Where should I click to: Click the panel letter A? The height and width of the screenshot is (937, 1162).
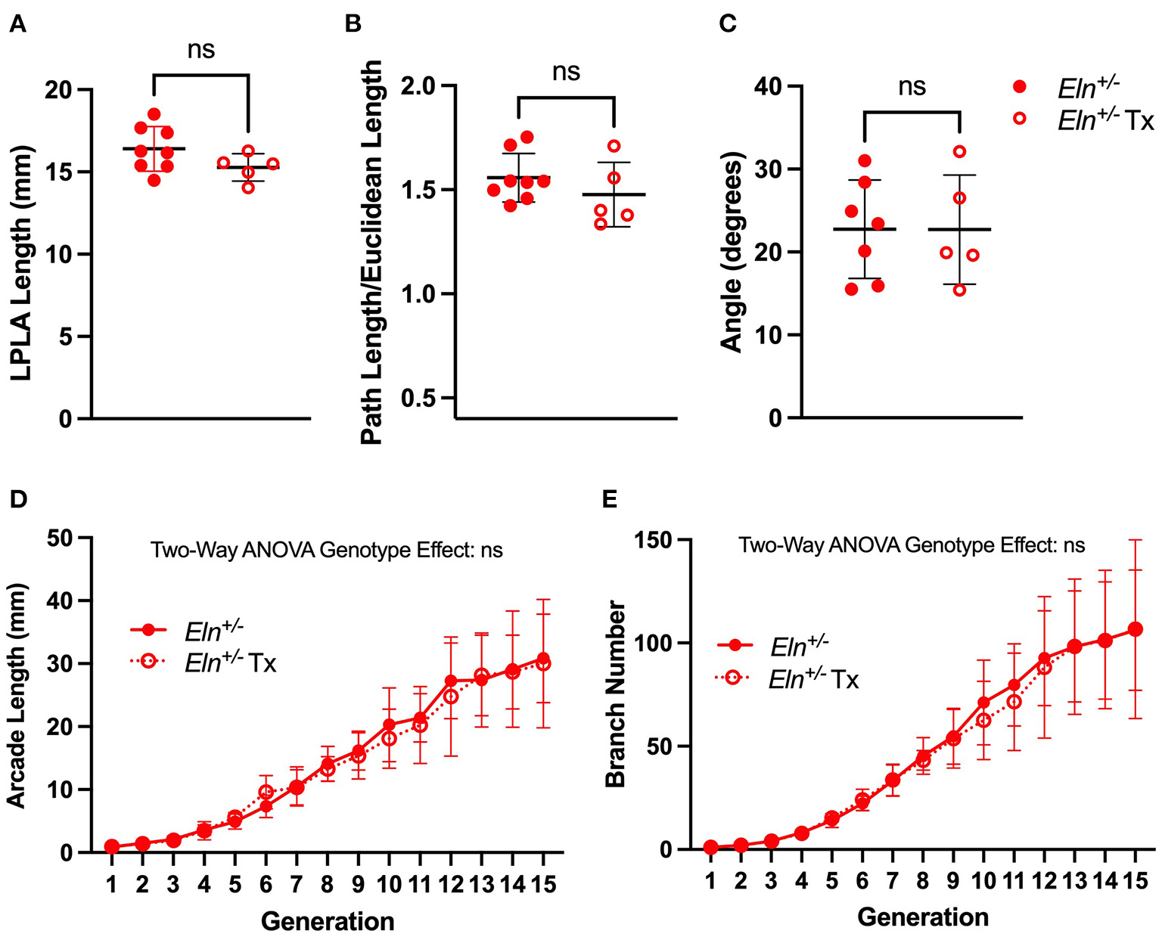tap(17, 25)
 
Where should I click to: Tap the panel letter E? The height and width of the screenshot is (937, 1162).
tap(607, 500)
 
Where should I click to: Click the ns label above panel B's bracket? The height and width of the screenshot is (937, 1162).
tap(566, 72)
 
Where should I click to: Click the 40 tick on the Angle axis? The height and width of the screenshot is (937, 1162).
tap(768, 86)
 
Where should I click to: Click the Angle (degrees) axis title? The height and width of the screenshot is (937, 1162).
tap(732, 252)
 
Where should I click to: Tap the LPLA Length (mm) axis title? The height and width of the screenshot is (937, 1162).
tap(20, 253)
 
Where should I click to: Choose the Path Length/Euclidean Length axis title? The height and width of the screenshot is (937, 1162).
tap(371, 253)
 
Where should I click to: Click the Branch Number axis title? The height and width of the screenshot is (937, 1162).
tap(617, 694)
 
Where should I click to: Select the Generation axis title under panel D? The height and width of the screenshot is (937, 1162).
tap(328, 921)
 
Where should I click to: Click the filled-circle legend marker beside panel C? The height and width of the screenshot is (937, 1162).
tap(1020, 88)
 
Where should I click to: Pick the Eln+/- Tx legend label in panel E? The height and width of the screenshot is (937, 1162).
tap(813, 679)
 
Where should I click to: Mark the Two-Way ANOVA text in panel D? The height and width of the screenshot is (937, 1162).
tap(327, 550)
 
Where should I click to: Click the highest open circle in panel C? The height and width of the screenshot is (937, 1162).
tap(960, 151)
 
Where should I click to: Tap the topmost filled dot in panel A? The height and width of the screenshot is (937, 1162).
tap(154, 113)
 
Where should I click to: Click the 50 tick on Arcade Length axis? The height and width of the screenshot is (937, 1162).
tap(62, 538)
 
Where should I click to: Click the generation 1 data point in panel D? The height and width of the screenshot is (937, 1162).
tap(112, 846)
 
